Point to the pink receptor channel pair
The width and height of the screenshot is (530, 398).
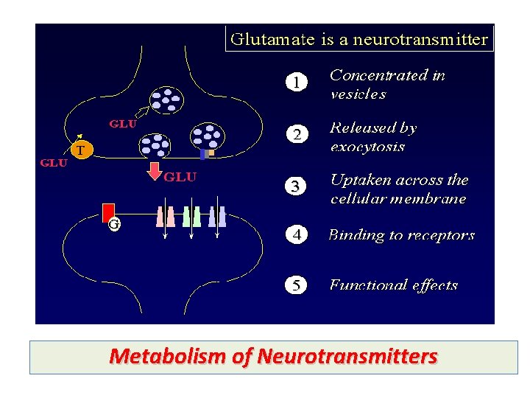point(166,216)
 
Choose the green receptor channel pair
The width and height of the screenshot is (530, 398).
point(191,216)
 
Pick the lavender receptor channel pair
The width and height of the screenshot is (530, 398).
point(217,216)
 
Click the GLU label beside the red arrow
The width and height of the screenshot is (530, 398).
point(180,178)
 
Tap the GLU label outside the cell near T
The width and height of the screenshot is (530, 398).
point(53,164)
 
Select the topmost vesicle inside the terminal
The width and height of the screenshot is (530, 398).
point(169,99)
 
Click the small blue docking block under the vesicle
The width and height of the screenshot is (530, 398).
point(204,155)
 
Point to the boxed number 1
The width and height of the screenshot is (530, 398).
point(296,83)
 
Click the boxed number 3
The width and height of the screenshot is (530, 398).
point(296,187)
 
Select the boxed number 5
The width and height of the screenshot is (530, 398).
point(296,285)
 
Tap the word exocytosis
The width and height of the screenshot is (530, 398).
point(367,147)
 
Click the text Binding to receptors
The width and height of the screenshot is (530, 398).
point(401,236)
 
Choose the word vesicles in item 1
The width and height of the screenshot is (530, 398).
point(358,94)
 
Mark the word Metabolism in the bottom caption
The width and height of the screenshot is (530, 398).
point(168,357)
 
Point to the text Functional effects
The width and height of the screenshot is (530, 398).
point(393,285)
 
